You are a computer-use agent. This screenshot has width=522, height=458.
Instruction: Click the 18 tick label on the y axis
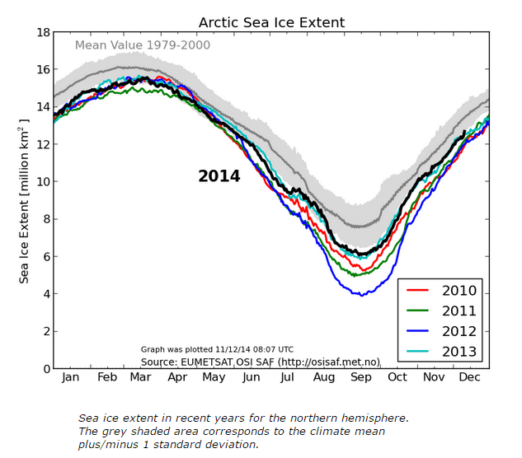(x=41, y=32)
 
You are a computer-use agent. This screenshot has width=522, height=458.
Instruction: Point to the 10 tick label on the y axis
(x=41, y=182)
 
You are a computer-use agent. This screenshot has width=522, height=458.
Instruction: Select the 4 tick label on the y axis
(x=45, y=294)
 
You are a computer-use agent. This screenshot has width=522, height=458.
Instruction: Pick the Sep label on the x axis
(x=360, y=377)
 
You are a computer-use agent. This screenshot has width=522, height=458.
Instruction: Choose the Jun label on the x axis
(x=251, y=377)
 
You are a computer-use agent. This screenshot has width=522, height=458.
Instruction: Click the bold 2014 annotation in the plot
(x=219, y=176)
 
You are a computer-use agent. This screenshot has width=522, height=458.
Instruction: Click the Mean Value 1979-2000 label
(x=143, y=45)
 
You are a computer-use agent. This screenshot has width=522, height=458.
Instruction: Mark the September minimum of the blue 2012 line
(x=361, y=294)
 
